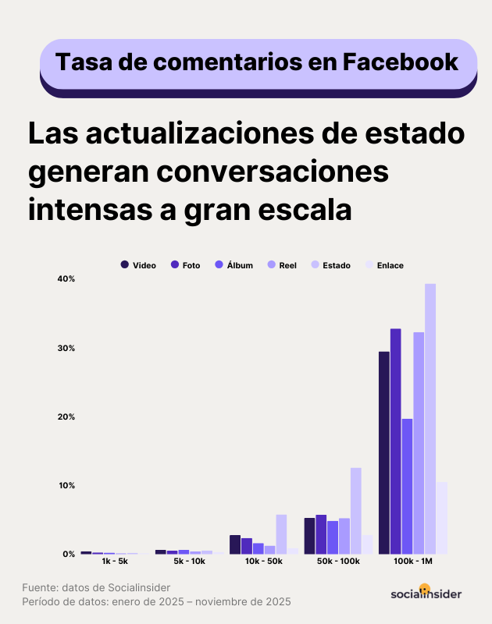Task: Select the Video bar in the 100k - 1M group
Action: pyautogui.click(x=384, y=452)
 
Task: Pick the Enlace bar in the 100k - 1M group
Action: pyautogui.click(x=442, y=518)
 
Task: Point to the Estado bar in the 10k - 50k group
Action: pyautogui.click(x=281, y=534)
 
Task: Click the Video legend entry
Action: pyautogui.click(x=139, y=265)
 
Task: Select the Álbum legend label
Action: pyautogui.click(x=240, y=265)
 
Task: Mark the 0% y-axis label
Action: pyautogui.click(x=68, y=554)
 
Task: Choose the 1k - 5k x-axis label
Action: pyautogui.click(x=115, y=561)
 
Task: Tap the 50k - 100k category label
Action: pyautogui.click(x=339, y=561)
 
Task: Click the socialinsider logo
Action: pyautogui.click(x=426, y=593)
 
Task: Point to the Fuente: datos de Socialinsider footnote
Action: pyautogui.click(x=95, y=587)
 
